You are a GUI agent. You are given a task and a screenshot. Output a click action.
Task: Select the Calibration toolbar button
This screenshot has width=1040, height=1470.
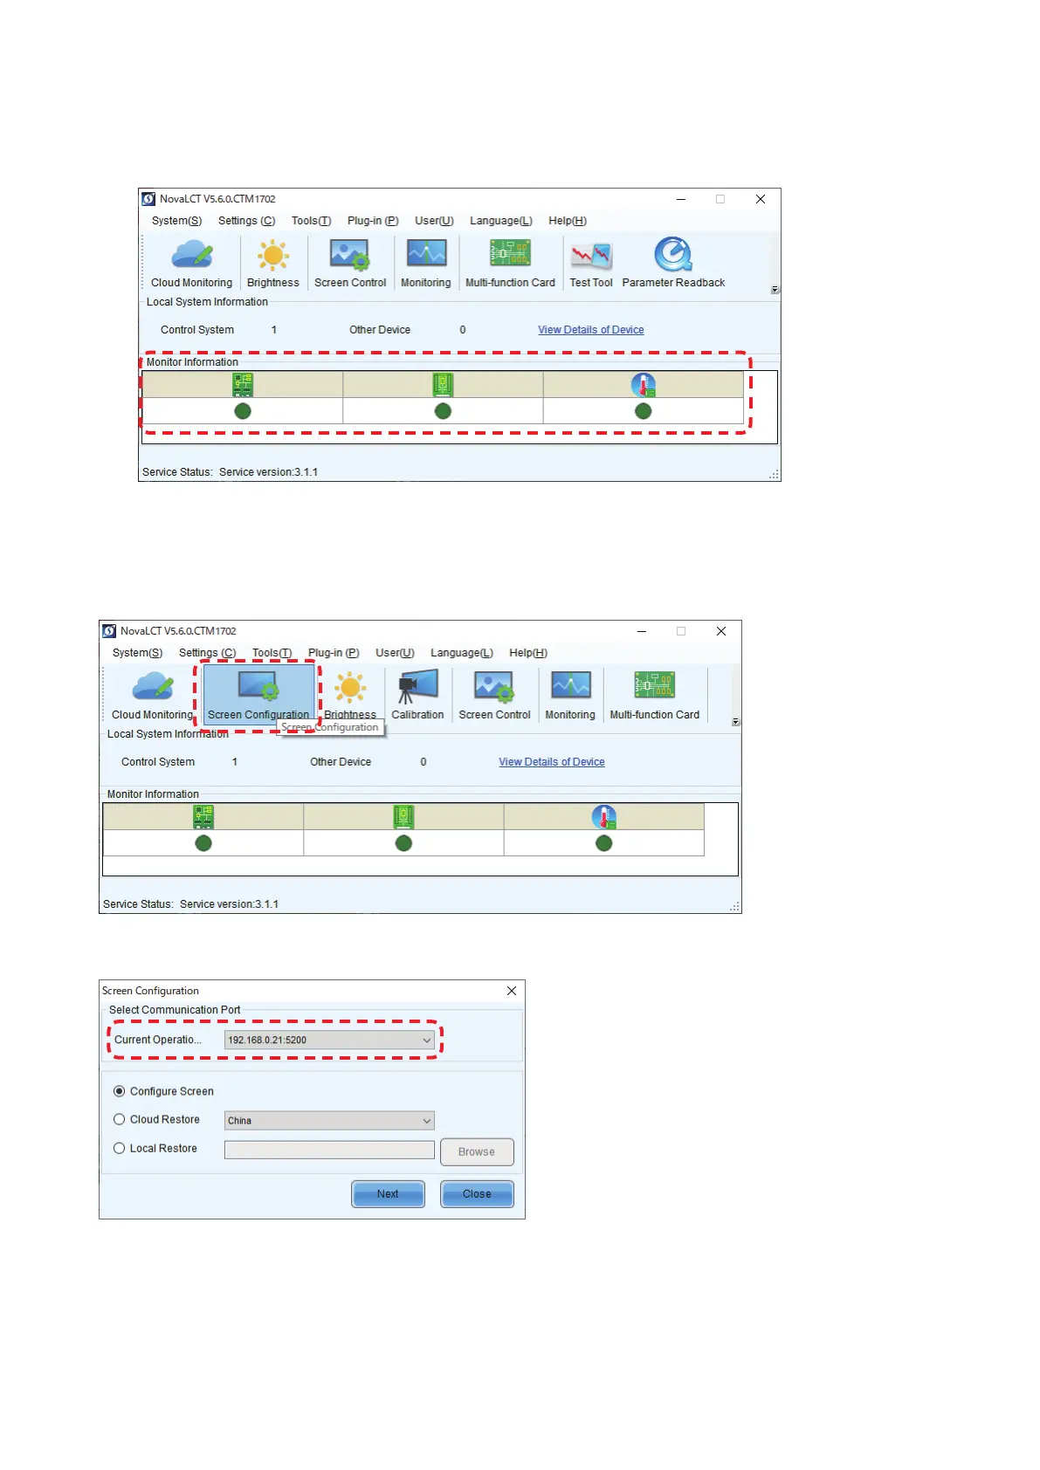(x=417, y=693)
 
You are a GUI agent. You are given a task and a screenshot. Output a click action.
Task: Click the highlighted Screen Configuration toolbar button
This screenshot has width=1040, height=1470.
(x=258, y=693)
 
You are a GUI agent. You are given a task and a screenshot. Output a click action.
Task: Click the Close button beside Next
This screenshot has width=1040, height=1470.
(x=477, y=1193)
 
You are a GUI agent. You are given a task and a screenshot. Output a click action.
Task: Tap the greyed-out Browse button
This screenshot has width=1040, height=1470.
(x=477, y=1151)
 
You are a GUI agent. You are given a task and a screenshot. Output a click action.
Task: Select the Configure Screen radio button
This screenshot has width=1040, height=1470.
(x=120, y=1091)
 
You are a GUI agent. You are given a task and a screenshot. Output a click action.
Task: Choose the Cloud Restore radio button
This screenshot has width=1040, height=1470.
(x=120, y=1119)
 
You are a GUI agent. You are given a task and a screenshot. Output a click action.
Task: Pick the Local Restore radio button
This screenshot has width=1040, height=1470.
(x=120, y=1148)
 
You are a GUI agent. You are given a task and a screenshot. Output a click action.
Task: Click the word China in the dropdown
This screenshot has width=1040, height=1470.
(x=240, y=1121)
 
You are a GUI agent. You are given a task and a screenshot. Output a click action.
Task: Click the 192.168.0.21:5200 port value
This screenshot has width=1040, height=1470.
(x=267, y=1040)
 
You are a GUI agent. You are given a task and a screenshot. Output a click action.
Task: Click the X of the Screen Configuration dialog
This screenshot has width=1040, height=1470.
(x=512, y=991)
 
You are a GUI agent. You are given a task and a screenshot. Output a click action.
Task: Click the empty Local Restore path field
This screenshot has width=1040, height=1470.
(x=328, y=1150)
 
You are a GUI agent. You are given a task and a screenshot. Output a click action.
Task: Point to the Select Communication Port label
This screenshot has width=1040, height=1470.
(x=175, y=1010)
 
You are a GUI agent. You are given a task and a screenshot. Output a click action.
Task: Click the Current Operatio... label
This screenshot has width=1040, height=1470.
(x=158, y=1040)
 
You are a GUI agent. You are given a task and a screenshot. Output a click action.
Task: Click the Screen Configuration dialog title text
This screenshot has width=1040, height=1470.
(x=150, y=991)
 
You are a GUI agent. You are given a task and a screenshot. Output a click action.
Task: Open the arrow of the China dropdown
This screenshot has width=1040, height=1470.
(x=427, y=1121)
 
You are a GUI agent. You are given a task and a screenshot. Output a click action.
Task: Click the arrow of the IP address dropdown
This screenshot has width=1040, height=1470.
(x=427, y=1040)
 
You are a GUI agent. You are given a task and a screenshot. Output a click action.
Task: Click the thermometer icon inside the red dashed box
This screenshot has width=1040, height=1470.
(x=644, y=385)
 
